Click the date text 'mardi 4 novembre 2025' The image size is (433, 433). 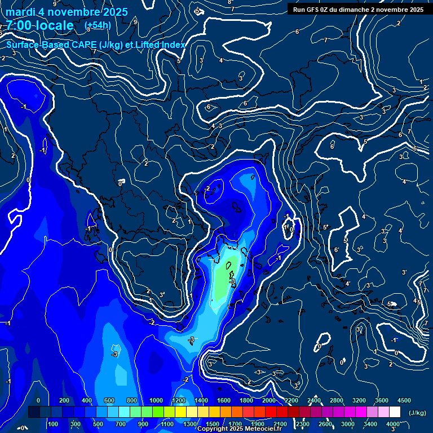coord(67,12)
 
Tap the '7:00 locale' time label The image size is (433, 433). coord(39,25)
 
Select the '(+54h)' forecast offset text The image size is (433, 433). coord(98,25)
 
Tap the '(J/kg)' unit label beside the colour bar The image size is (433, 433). coord(417,413)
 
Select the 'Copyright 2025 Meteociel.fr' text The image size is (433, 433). coord(239,428)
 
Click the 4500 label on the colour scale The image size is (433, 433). coord(404,400)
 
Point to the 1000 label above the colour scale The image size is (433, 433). coord(156,400)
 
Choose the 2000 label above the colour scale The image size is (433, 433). coord(269,400)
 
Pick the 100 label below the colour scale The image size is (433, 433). coord(54,424)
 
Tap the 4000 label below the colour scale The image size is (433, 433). coord(393,424)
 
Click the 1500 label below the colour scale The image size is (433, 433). coord(213,424)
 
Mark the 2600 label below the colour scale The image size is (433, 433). coord(325,424)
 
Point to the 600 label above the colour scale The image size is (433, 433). coord(109,400)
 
